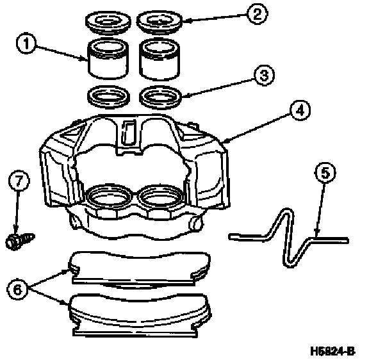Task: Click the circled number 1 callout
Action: (x=26, y=44)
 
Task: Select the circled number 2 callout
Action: (x=257, y=13)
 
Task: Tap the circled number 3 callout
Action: (x=264, y=76)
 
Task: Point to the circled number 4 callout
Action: (x=300, y=110)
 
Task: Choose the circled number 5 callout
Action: (x=325, y=172)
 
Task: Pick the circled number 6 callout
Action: (x=18, y=289)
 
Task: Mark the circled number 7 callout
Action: (x=19, y=180)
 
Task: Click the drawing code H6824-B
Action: (x=332, y=351)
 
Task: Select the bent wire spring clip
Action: (x=288, y=238)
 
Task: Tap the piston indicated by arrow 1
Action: (x=108, y=58)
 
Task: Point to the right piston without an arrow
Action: (x=160, y=59)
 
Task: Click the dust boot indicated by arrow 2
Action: (x=160, y=22)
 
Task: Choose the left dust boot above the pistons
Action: (x=108, y=22)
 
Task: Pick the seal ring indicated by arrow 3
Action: (x=161, y=97)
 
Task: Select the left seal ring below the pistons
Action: (x=108, y=97)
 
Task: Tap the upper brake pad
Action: (x=139, y=268)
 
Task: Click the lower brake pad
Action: (x=140, y=315)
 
